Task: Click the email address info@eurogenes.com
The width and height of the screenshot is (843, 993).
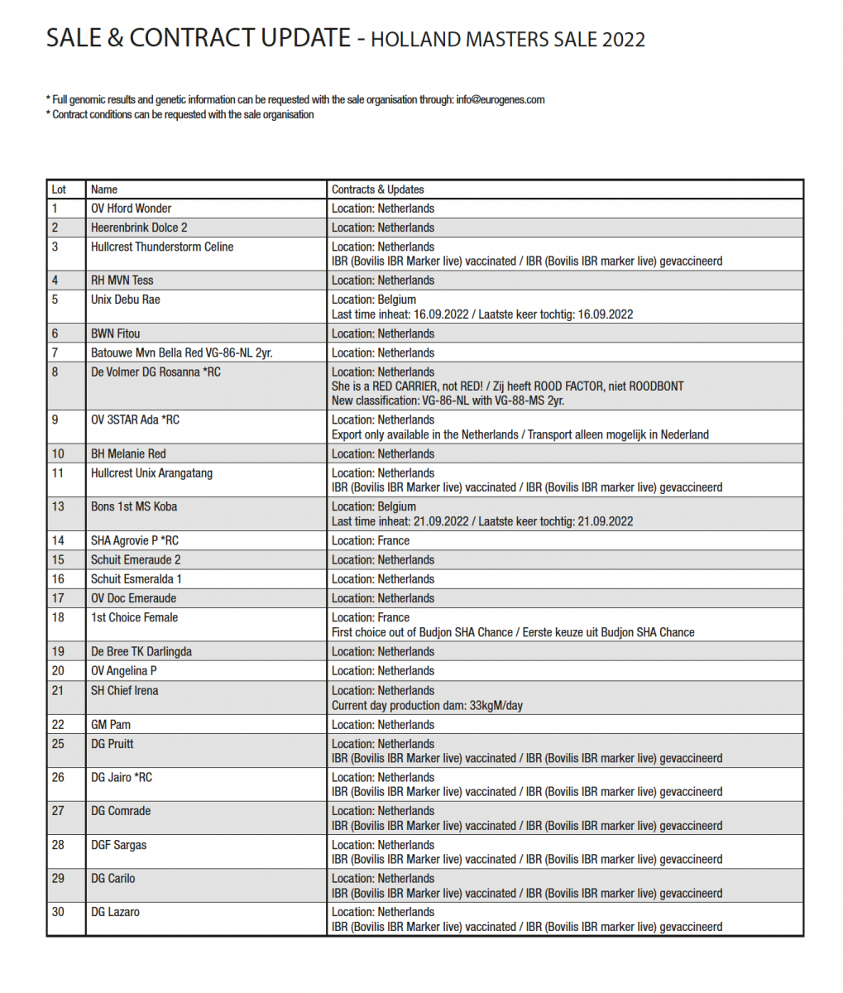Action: click(x=500, y=100)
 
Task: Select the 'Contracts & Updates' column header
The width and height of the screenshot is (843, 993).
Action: click(x=377, y=189)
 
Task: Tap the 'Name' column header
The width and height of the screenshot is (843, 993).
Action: click(x=104, y=189)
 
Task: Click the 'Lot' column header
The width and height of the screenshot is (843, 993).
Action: click(x=59, y=189)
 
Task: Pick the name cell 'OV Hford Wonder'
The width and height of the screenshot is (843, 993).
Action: click(x=131, y=209)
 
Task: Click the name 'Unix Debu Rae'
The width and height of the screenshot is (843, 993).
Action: click(x=125, y=300)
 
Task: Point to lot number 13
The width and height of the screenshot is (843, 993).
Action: click(x=58, y=506)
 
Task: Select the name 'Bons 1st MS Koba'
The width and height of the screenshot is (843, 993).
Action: click(x=133, y=506)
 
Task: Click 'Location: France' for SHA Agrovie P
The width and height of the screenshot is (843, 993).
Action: click(x=370, y=540)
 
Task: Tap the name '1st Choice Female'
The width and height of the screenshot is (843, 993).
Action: click(x=134, y=617)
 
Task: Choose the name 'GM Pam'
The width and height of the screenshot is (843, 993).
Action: click(x=110, y=724)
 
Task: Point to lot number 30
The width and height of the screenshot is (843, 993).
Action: click(x=58, y=912)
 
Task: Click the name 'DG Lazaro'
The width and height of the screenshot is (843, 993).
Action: click(x=115, y=912)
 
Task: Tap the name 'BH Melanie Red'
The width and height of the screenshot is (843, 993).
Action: click(x=127, y=453)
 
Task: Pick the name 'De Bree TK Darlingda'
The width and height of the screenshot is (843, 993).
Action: click(x=141, y=651)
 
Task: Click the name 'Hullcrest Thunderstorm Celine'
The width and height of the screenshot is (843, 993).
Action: click(x=161, y=247)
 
